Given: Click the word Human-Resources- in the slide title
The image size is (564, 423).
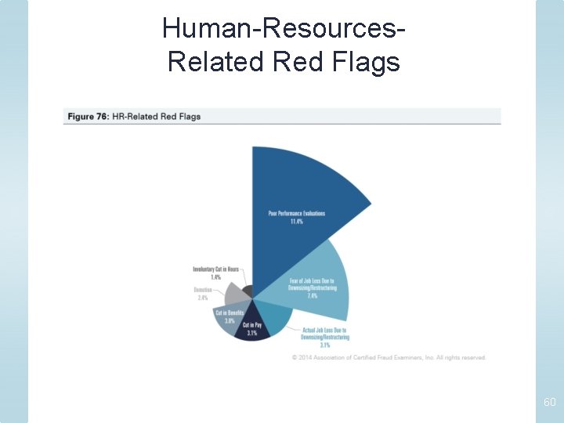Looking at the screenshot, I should tap(284, 29).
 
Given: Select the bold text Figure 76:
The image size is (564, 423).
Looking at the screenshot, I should tap(88, 117).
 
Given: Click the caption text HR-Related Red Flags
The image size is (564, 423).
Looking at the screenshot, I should tap(157, 117).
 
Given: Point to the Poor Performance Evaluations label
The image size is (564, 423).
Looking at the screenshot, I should tap(296, 213).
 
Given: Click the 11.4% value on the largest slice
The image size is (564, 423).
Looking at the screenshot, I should tap(296, 222).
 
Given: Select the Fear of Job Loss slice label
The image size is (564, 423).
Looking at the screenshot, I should tap(312, 284).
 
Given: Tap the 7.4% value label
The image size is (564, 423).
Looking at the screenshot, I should tap(312, 297).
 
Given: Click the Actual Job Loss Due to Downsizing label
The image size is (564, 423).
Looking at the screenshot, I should tap(324, 334).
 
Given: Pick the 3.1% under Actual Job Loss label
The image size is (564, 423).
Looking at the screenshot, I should tap(324, 345).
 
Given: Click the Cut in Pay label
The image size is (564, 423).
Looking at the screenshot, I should tap(251, 325).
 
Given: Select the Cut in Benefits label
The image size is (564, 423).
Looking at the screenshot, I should tap(230, 313).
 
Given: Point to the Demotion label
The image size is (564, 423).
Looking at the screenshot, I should tap(203, 290).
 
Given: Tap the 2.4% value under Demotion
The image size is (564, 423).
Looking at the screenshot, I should tap(203, 298).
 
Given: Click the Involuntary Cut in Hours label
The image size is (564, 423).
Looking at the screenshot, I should tap(215, 269).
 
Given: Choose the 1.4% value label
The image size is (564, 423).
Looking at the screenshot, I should tap(215, 277).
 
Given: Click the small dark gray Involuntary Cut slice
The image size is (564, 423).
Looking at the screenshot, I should tap(248, 292).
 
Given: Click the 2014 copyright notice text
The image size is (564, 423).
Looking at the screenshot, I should tap(389, 357).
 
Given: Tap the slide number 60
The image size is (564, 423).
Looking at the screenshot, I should tap(549, 402).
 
